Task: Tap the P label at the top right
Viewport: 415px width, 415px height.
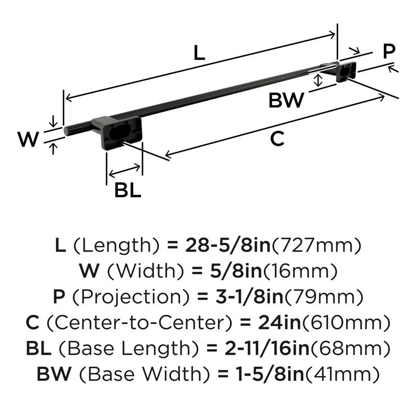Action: click(x=389, y=51)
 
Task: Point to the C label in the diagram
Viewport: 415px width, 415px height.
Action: click(x=278, y=139)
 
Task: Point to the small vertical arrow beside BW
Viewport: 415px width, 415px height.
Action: click(x=319, y=80)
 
